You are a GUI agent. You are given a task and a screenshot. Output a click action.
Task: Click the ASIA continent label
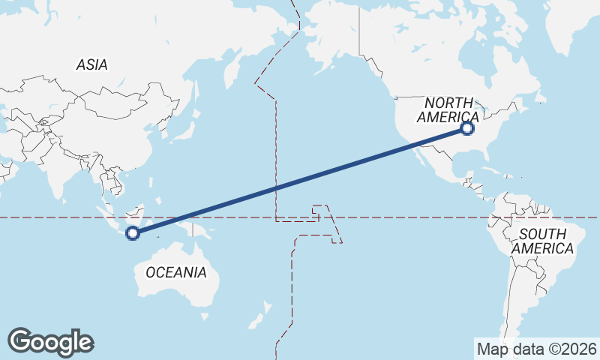point(91,65)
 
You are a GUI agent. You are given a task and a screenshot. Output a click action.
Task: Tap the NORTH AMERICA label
point(448,110)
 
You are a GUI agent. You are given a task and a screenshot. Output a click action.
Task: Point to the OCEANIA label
point(176,272)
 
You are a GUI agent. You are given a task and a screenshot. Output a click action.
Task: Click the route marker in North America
point(467,128)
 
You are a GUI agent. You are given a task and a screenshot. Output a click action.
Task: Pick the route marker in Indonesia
point(133,233)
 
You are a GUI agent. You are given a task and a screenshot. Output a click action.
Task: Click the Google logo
point(50,342)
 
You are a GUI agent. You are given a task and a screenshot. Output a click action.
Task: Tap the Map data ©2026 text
point(537,349)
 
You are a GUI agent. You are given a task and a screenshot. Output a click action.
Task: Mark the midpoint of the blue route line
point(300,181)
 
